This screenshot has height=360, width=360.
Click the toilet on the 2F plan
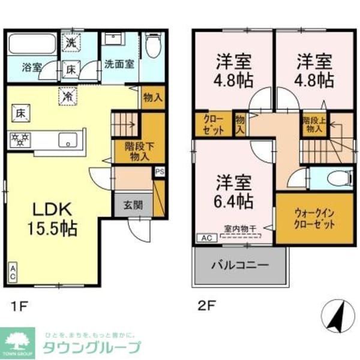coord(332,178)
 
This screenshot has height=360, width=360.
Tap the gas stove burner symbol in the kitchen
coord(20,141)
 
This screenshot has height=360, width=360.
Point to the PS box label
coord(159,172)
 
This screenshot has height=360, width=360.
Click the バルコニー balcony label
coord(239,265)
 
